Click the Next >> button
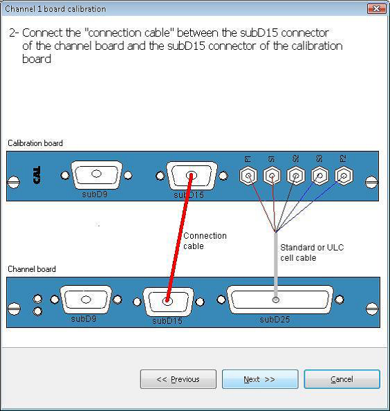tap(260, 379)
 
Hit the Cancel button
tap(342, 379)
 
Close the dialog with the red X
tap(376, 9)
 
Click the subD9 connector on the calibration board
tap(96, 174)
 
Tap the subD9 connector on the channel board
tap(86, 300)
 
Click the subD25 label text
tap(275, 320)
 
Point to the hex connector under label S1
tap(272, 175)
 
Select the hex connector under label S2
tap(296, 175)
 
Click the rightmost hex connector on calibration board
tap(344, 175)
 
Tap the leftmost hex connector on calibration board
tap(248, 175)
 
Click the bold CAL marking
tap(37, 175)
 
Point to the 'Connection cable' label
tap(205, 241)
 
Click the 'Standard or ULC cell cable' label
tap(312, 253)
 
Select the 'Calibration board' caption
tap(35, 143)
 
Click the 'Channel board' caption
tap(32, 269)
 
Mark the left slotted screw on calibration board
tap(14, 182)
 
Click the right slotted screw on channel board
tap(372, 309)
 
